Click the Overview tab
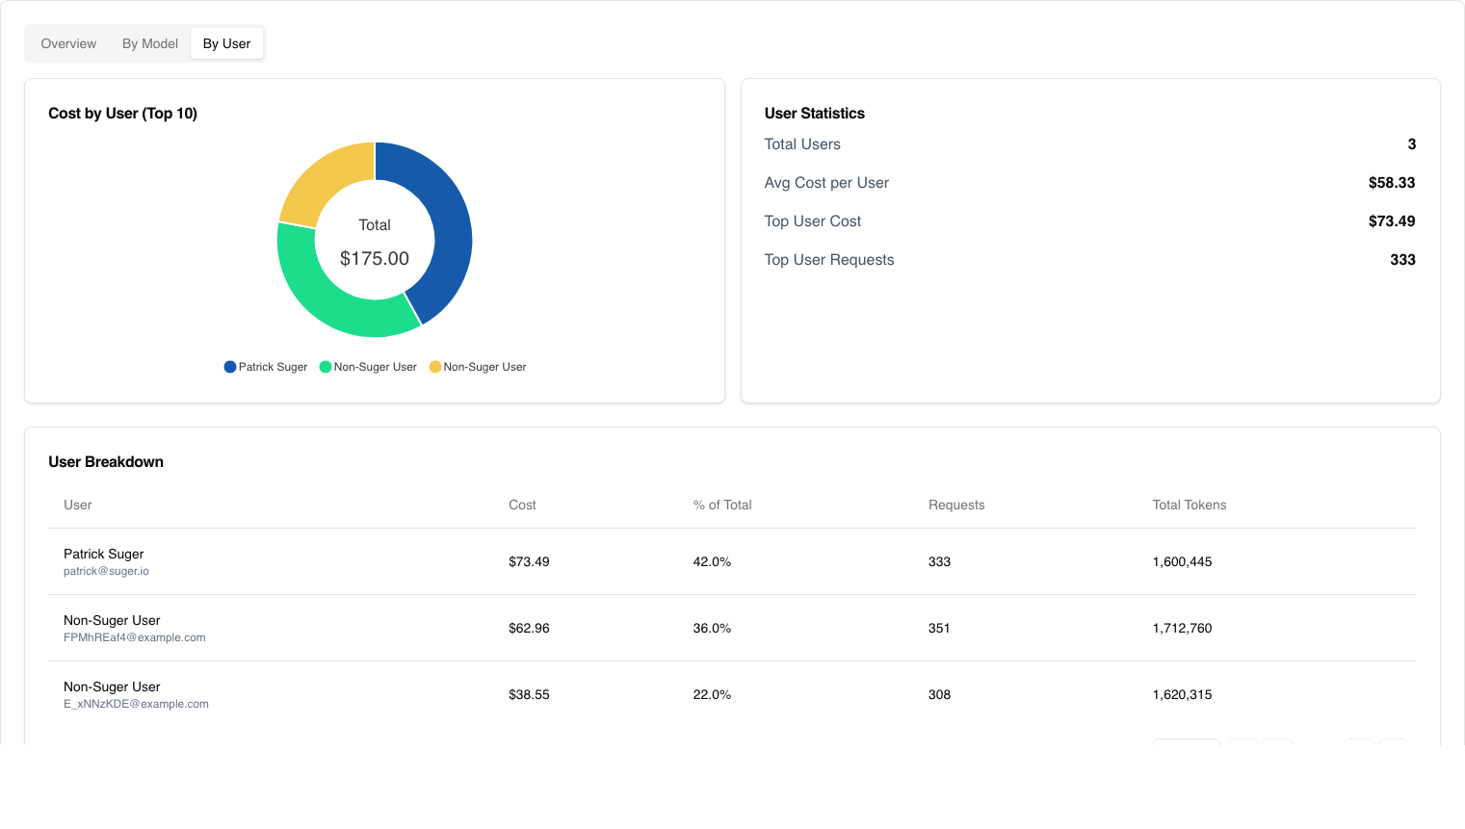click(x=68, y=43)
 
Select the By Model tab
click(x=150, y=43)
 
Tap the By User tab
click(x=226, y=43)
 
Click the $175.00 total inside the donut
click(x=375, y=258)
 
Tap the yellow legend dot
click(x=435, y=367)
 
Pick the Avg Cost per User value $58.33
click(x=1391, y=183)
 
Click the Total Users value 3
click(x=1411, y=144)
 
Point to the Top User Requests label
click(x=828, y=260)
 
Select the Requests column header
click(x=956, y=505)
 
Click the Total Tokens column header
click(x=1189, y=505)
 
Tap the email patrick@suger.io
click(x=106, y=571)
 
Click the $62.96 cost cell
click(x=529, y=628)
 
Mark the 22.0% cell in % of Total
click(x=712, y=694)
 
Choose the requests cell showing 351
click(x=939, y=628)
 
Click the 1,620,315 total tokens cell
click(x=1182, y=694)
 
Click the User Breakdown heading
click(x=106, y=462)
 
